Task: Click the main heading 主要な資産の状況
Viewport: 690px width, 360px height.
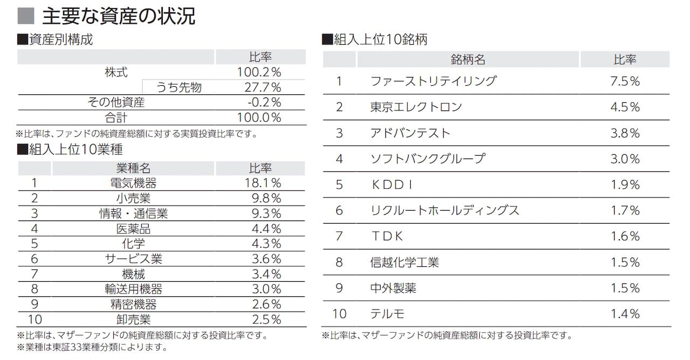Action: [119, 16]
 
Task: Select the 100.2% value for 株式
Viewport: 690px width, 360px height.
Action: [259, 72]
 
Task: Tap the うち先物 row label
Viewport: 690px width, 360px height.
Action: [179, 87]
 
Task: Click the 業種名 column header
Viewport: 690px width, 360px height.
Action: [133, 168]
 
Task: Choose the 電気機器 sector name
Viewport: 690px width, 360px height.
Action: [133, 183]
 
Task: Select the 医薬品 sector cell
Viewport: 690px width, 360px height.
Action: [133, 229]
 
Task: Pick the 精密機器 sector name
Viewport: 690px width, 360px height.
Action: [133, 304]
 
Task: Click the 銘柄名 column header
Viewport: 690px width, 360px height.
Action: [468, 59]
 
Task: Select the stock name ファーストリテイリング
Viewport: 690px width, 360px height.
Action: [433, 81]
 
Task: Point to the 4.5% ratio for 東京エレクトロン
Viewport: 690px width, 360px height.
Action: [625, 107]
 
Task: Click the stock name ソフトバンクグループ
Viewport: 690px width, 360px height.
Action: [428, 159]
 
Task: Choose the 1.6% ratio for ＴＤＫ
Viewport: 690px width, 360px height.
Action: [625, 237]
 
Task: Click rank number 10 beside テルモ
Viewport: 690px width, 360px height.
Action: [339, 314]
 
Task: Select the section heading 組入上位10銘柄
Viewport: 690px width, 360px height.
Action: [375, 39]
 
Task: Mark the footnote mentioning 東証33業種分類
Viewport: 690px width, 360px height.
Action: [92, 347]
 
